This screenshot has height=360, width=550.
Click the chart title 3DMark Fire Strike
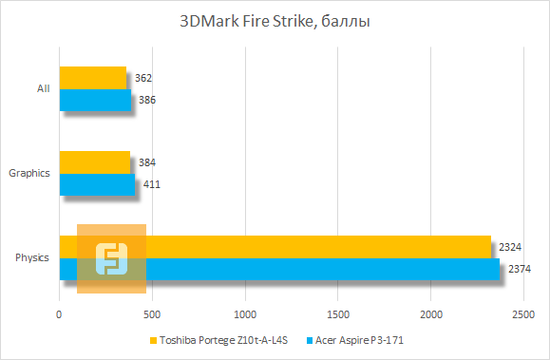point(274,21)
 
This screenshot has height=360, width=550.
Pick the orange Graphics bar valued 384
point(95,162)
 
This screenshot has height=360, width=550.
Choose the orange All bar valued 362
point(93,78)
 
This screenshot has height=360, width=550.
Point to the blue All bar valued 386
point(95,100)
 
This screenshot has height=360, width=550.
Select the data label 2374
point(519,269)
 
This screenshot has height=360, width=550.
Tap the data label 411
point(150,184)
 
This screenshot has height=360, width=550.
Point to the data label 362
point(144,78)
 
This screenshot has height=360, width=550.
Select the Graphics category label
point(28,173)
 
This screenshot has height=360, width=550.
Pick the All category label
point(43,88)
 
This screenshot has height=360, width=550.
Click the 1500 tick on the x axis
point(338,313)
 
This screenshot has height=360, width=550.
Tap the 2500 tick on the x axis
point(523,313)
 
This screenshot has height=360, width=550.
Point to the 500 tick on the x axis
point(153,313)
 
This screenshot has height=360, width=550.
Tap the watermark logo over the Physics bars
point(111,258)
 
